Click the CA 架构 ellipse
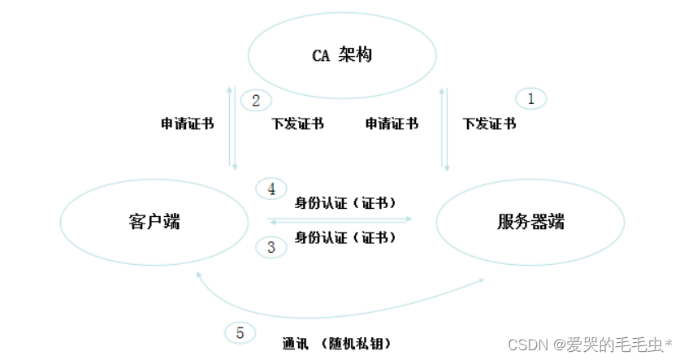click(341, 55)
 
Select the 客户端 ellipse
click(154, 221)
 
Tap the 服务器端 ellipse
click(530, 221)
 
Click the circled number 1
click(531, 99)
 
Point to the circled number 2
click(256, 101)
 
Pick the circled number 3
click(271, 247)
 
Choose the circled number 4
click(271, 189)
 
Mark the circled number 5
click(240, 332)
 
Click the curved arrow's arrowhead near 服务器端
click(481, 280)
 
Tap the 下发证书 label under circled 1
click(489, 124)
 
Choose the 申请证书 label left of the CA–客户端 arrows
click(188, 124)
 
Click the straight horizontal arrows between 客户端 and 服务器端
click(340, 219)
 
